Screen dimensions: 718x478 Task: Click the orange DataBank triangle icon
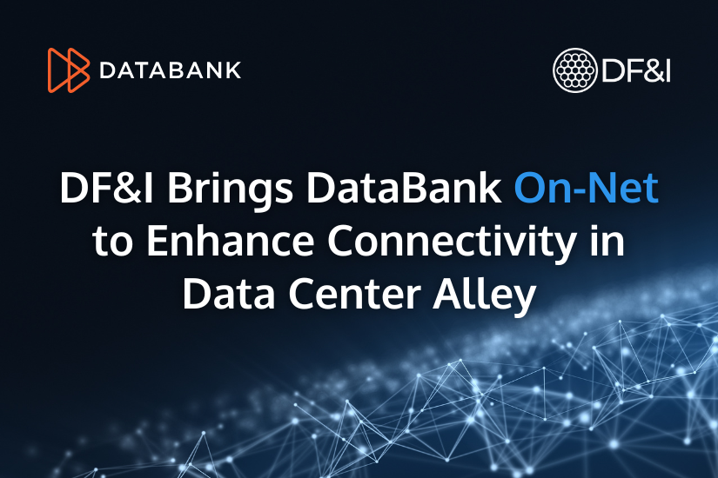click(x=69, y=70)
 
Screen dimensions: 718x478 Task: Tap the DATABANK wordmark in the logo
click(x=171, y=70)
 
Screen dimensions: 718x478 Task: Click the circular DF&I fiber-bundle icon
click(x=574, y=70)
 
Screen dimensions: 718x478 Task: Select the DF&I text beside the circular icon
click(x=636, y=71)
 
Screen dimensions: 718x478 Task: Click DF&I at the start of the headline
click(x=107, y=188)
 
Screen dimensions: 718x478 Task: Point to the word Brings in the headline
click(x=231, y=190)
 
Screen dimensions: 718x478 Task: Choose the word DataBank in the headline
click(x=404, y=188)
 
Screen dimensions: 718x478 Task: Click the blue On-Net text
click(x=587, y=188)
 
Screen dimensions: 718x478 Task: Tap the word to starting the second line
click(x=112, y=242)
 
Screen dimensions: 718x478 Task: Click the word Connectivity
click(x=453, y=242)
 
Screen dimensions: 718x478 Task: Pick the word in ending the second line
click(x=608, y=241)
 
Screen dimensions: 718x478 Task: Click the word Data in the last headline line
click(x=229, y=293)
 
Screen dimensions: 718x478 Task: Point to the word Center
click(x=354, y=294)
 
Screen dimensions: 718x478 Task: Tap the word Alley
click(x=485, y=295)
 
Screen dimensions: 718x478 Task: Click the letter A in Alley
click(x=448, y=293)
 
